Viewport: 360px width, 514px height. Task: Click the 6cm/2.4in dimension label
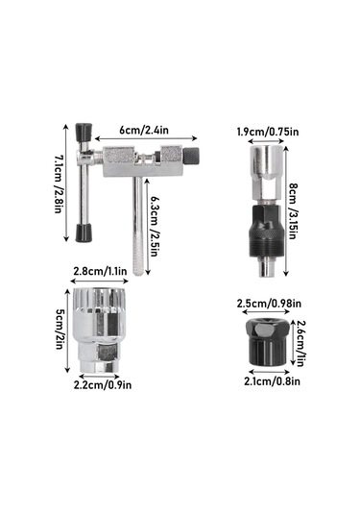pyautogui.click(x=144, y=130)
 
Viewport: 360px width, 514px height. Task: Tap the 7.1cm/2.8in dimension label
pyautogui.click(x=59, y=184)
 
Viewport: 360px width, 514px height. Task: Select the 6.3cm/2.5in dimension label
pyautogui.click(x=155, y=227)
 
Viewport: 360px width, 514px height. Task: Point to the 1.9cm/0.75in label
pyautogui.click(x=268, y=132)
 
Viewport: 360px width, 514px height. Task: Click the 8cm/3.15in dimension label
pyautogui.click(x=293, y=211)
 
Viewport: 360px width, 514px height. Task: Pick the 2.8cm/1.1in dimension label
pyautogui.click(x=100, y=272)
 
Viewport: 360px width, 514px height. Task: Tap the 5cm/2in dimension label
pyautogui.click(x=59, y=331)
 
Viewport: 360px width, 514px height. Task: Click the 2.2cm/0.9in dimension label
pyautogui.click(x=103, y=384)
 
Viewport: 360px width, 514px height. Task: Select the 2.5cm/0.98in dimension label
pyautogui.click(x=269, y=304)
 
